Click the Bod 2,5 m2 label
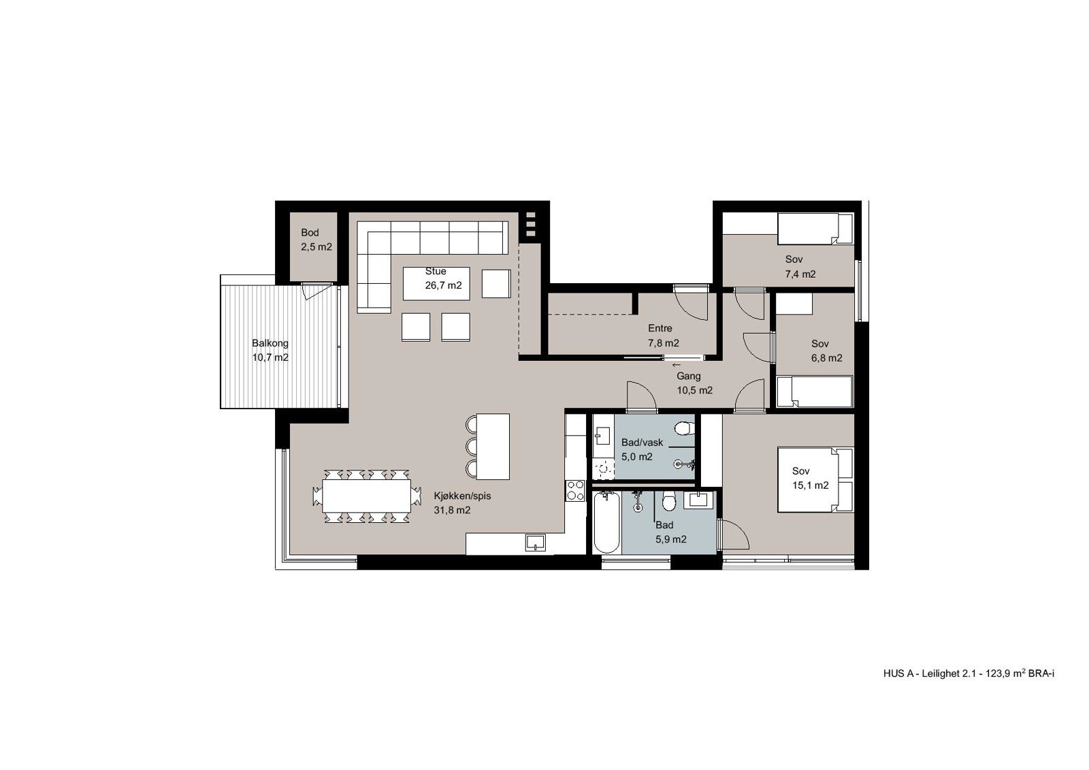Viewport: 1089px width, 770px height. (x=316, y=240)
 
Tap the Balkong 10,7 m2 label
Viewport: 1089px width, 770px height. (x=270, y=350)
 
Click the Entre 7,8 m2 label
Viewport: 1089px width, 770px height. (x=663, y=336)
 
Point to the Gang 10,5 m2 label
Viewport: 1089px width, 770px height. (x=694, y=383)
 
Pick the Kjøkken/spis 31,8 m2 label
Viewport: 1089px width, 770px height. (x=461, y=503)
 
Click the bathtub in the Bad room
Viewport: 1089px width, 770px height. (x=606, y=523)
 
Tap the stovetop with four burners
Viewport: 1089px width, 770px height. (x=575, y=490)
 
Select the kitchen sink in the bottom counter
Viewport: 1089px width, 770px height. (x=535, y=543)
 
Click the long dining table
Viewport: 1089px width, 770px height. (x=367, y=496)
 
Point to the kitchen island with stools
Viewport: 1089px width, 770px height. (x=493, y=446)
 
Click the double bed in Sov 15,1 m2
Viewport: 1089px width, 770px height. (x=815, y=479)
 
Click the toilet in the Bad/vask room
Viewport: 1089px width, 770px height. (x=684, y=428)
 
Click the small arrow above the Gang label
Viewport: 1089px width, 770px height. (x=674, y=365)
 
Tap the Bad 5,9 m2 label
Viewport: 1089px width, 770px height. (x=670, y=532)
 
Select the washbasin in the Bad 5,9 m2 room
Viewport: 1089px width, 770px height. (x=699, y=501)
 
